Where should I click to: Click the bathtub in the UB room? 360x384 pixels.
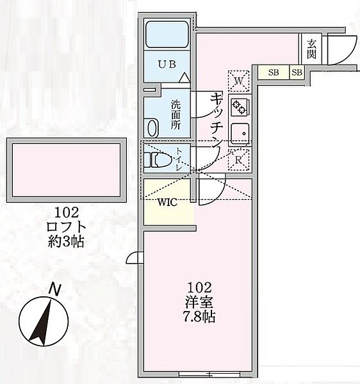pyautogui.click(x=167, y=35)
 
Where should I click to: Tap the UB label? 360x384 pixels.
pyautogui.click(x=167, y=65)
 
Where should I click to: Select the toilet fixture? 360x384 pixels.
pyautogui.click(x=158, y=159)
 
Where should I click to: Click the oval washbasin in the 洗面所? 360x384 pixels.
pyautogui.click(x=152, y=128)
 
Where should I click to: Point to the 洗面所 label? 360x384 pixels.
pyautogui.click(x=176, y=115)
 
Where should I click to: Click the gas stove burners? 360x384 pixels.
pyautogui.click(x=239, y=108)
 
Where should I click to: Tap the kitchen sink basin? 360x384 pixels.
pyautogui.click(x=240, y=134)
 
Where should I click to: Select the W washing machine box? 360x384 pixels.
pyautogui.click(x=239, y=81)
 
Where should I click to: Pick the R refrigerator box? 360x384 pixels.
pyautogui.click(x=239, y=160)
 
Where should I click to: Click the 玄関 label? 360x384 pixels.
pyautogui.click(x=311, y=49)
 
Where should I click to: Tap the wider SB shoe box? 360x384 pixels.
pyautogui.click(x=274, y=72)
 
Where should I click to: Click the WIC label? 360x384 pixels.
pyautogui.click(x=167, y=202)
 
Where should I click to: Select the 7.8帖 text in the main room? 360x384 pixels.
pyautogui.click(x=199, y=317)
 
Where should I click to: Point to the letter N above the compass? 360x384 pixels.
pyautogui.click(x=54, y=289)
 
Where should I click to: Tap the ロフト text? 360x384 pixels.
pyautogui.click(x=66, y=227)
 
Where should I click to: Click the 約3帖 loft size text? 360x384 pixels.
pyautogui.click(x=66, y=242)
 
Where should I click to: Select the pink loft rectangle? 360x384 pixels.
pyautogui.click(x=66, y=170)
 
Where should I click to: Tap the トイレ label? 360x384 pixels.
pyautogui.click(x=178, y=159)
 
